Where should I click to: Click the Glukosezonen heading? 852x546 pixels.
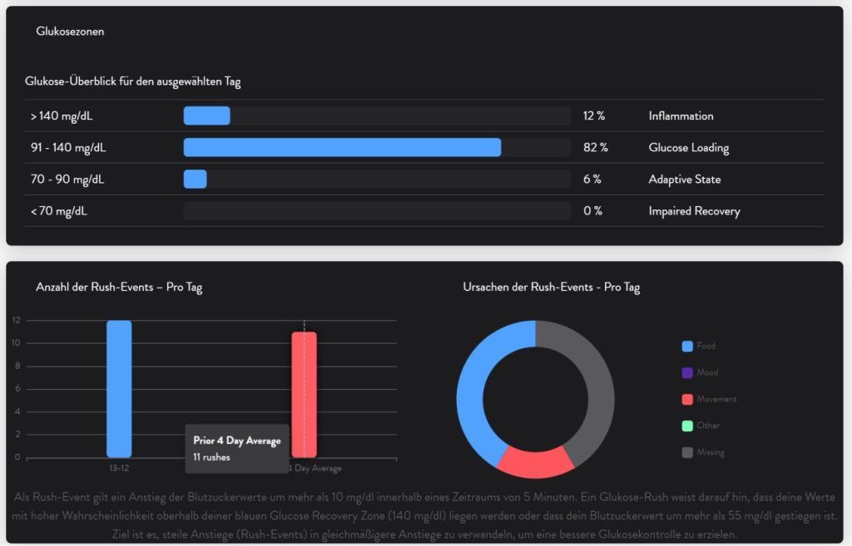pyautogui.click(x=70, y=32)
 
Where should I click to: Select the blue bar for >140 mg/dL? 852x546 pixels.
pyautogui.click(x=206, y=116)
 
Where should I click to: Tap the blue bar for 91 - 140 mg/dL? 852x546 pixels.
pyautogui.click(x=342, y=147)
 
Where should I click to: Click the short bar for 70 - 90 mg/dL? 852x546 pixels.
pyautogui.click(x=195, y=179)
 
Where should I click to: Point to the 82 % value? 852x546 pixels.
pyautogui.click(x=595, y=148)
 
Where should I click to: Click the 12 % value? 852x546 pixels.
pyautogui.click(x=592, y=116)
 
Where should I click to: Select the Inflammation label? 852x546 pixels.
pyautogui.click(x=681, y=116)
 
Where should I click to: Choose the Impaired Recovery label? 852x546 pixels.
pyautogui.click(x=694, y=211)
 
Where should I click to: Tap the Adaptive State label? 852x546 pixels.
pyautogui.click(x=684, y=180)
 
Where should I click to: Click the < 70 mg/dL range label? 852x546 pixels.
pyautogui.click(x=59, y=211)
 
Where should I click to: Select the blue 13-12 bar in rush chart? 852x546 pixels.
pyautogui.click(x=119, y=388)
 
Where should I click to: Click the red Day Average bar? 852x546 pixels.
pyautogui.click(x=304, y=394)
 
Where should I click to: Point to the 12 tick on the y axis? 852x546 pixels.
pyautogui.click(x=16, y=321)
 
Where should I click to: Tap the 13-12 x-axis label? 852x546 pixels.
pyautogui.click(x=119, y=468)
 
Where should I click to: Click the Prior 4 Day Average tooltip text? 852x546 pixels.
pyautogui.click(x=236, y=440)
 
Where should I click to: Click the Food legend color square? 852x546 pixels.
pyautogui.click(x=687, y=347)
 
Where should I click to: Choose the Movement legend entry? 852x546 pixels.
pyautogui.click(x=716, y=400)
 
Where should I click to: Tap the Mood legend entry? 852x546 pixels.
pyautogui.click(x=706, y=373)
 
